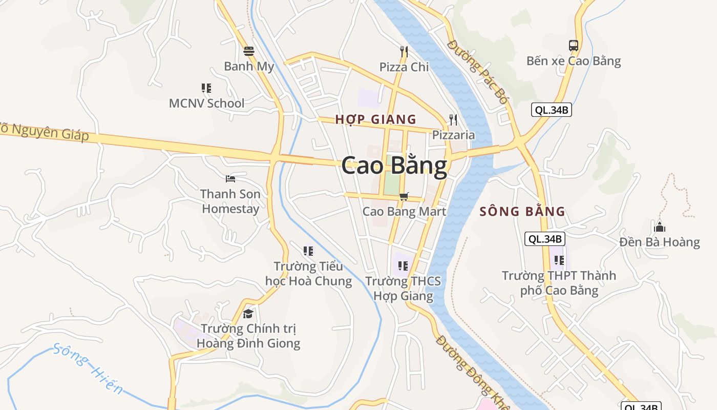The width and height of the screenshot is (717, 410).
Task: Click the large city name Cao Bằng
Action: pyautogui.click(x=394, y=167)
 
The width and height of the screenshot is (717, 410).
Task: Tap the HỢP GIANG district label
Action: pyautogui.click(x=375, y=119)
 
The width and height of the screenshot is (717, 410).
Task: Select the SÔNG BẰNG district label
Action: pyautogui.click(x=522, y=211)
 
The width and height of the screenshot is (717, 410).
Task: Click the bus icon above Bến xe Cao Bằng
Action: pyautogui.click(x=574, y=45)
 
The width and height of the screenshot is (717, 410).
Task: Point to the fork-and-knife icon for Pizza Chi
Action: pyautogui.click(x=404, y=51)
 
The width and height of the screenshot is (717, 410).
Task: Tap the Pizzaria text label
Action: pyautogui.click(x=453, y=135)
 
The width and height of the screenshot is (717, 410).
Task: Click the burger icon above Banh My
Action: pyautogui.click(x=249, y=51)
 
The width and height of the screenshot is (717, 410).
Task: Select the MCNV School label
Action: pyautogui.click(x=206, y=103)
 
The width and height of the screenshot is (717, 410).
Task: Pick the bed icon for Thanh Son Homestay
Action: pyautogui.click(x=230, y=179)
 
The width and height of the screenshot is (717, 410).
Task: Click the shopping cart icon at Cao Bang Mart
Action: pyautogui.click(x=404, y=196)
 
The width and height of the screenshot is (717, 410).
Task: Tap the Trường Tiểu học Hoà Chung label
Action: pyautogui.click(x=308, y=274)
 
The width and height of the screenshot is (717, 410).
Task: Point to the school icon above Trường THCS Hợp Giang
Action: pyautogui.click(x=403, y=265)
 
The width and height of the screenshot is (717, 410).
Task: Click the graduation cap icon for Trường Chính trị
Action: pyautogui.click(x=248, y=313)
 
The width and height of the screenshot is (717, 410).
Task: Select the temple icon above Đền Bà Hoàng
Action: pyautogui.click(x=660, y=227)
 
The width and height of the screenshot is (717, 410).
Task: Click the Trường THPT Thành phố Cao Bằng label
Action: pyautogui.click(x=559, y=283)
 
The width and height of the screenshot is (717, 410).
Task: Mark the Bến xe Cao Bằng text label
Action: pyautogui.click(x=574, y=61)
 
